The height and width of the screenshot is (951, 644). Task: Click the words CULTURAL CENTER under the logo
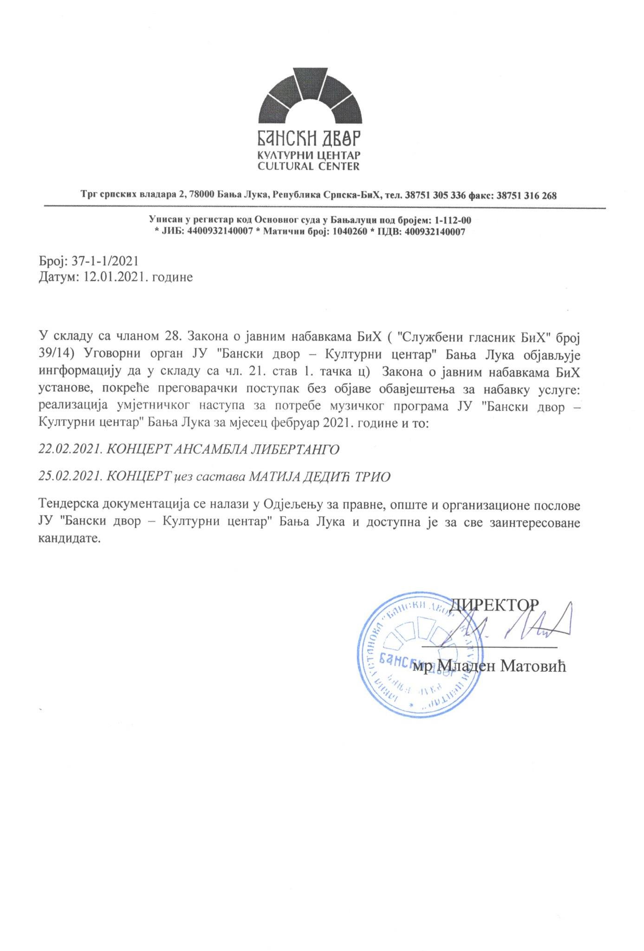[309, 166]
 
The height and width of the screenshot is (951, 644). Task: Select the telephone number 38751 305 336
[435, 196]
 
